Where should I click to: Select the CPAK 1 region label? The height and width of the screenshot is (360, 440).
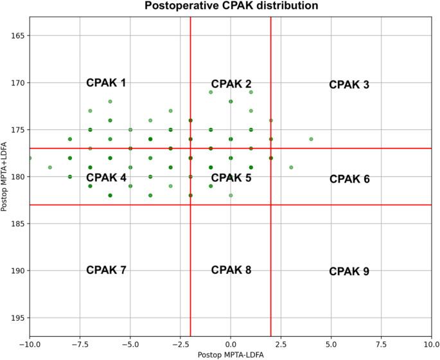point(106,83)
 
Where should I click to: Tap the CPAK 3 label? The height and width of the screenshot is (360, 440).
point(349,85)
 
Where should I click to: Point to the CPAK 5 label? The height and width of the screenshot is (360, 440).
point(231,177)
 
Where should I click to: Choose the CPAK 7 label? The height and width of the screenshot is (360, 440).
point(106,270)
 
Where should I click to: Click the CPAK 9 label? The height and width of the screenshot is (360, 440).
point(349,272)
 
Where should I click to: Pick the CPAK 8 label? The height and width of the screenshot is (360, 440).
point(231,270)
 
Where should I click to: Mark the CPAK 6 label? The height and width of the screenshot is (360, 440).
point(349,179)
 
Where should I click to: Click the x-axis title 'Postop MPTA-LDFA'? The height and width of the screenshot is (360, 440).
point(231,354)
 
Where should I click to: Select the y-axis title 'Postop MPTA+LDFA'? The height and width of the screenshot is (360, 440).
point(6,177)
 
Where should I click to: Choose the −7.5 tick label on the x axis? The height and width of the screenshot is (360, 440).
point(80,344)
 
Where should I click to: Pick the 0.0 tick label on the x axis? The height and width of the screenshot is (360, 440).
point(231,344)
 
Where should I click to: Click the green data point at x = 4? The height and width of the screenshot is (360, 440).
point(311,139)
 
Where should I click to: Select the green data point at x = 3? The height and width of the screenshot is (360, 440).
point(291,167)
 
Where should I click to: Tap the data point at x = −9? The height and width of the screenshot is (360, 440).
point(50,167)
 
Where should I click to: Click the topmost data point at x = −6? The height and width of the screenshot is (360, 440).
point(110,102)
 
